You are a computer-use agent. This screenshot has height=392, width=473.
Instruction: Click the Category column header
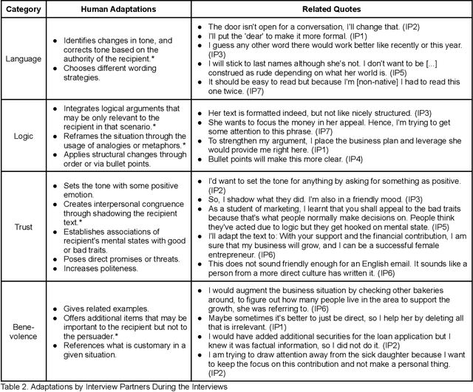point(24,10)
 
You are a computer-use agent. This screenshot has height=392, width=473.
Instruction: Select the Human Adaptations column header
point(113,10)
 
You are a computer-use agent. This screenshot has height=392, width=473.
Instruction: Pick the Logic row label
point(24,137)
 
